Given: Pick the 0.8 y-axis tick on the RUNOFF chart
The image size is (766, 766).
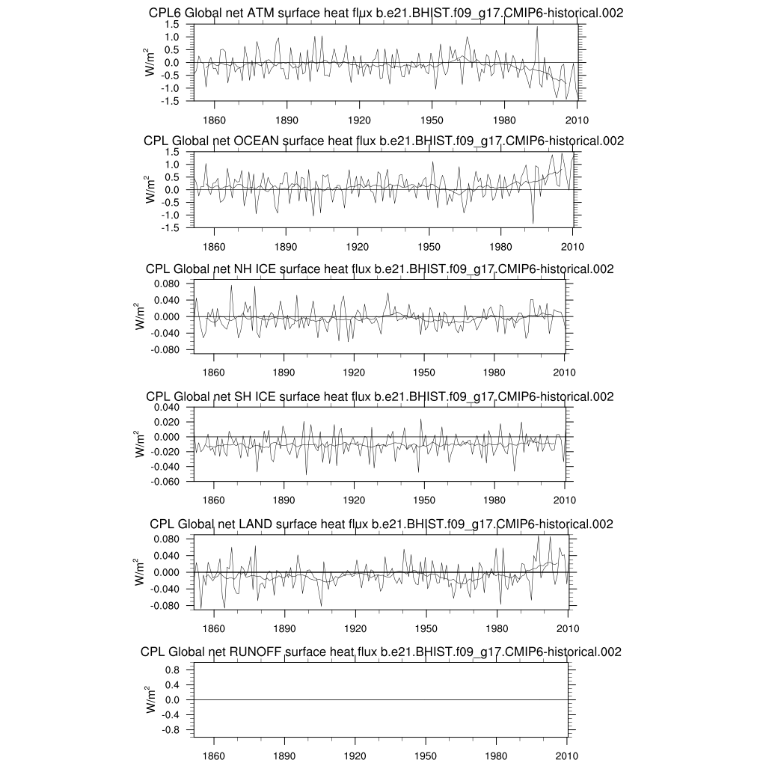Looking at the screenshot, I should click(172, 670).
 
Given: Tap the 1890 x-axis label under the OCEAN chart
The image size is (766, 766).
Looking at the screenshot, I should click(286, 247).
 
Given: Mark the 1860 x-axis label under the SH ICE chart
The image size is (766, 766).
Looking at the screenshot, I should click(214, 500).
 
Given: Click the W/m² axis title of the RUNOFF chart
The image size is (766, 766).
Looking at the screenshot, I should click(151, 698).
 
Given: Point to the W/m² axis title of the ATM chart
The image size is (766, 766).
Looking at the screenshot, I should click(151, 61).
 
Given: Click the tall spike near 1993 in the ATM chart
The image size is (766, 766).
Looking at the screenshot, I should click(537, 28).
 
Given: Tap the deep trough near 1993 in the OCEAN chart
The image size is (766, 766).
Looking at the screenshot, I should click(533, 222).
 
